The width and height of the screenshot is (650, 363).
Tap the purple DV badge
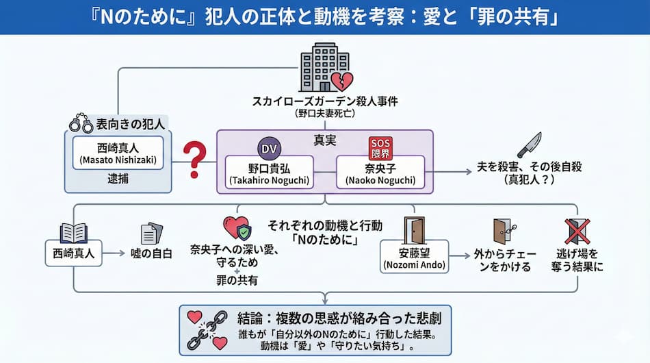[269, 147]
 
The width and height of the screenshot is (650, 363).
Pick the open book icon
[73, 233]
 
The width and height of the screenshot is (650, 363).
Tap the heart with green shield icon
[236, 229]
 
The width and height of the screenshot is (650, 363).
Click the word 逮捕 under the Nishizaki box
[117, 178]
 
